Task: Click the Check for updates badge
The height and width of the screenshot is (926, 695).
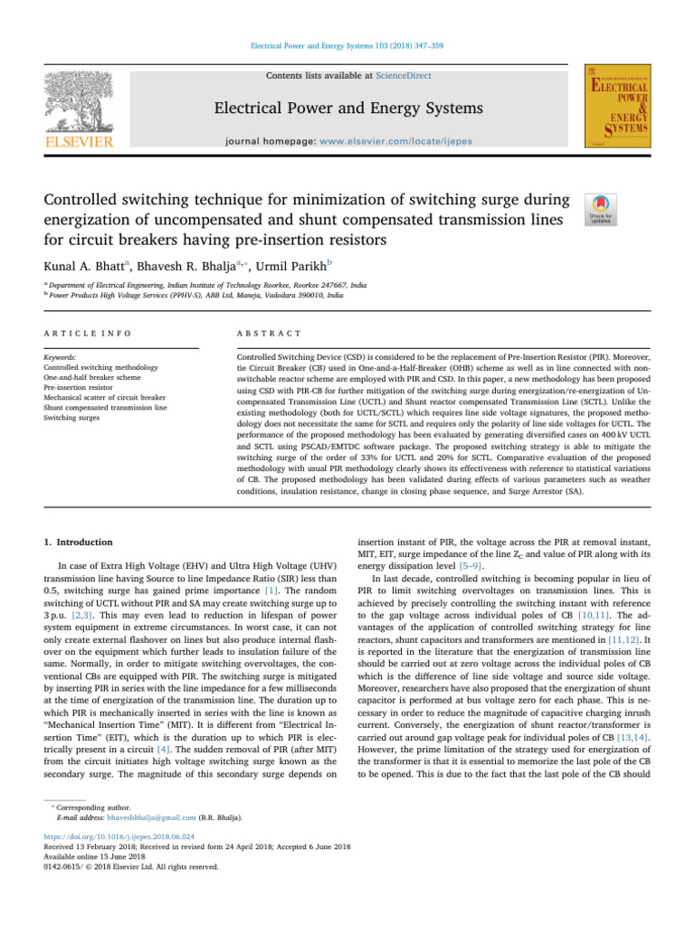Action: point(601,213)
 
